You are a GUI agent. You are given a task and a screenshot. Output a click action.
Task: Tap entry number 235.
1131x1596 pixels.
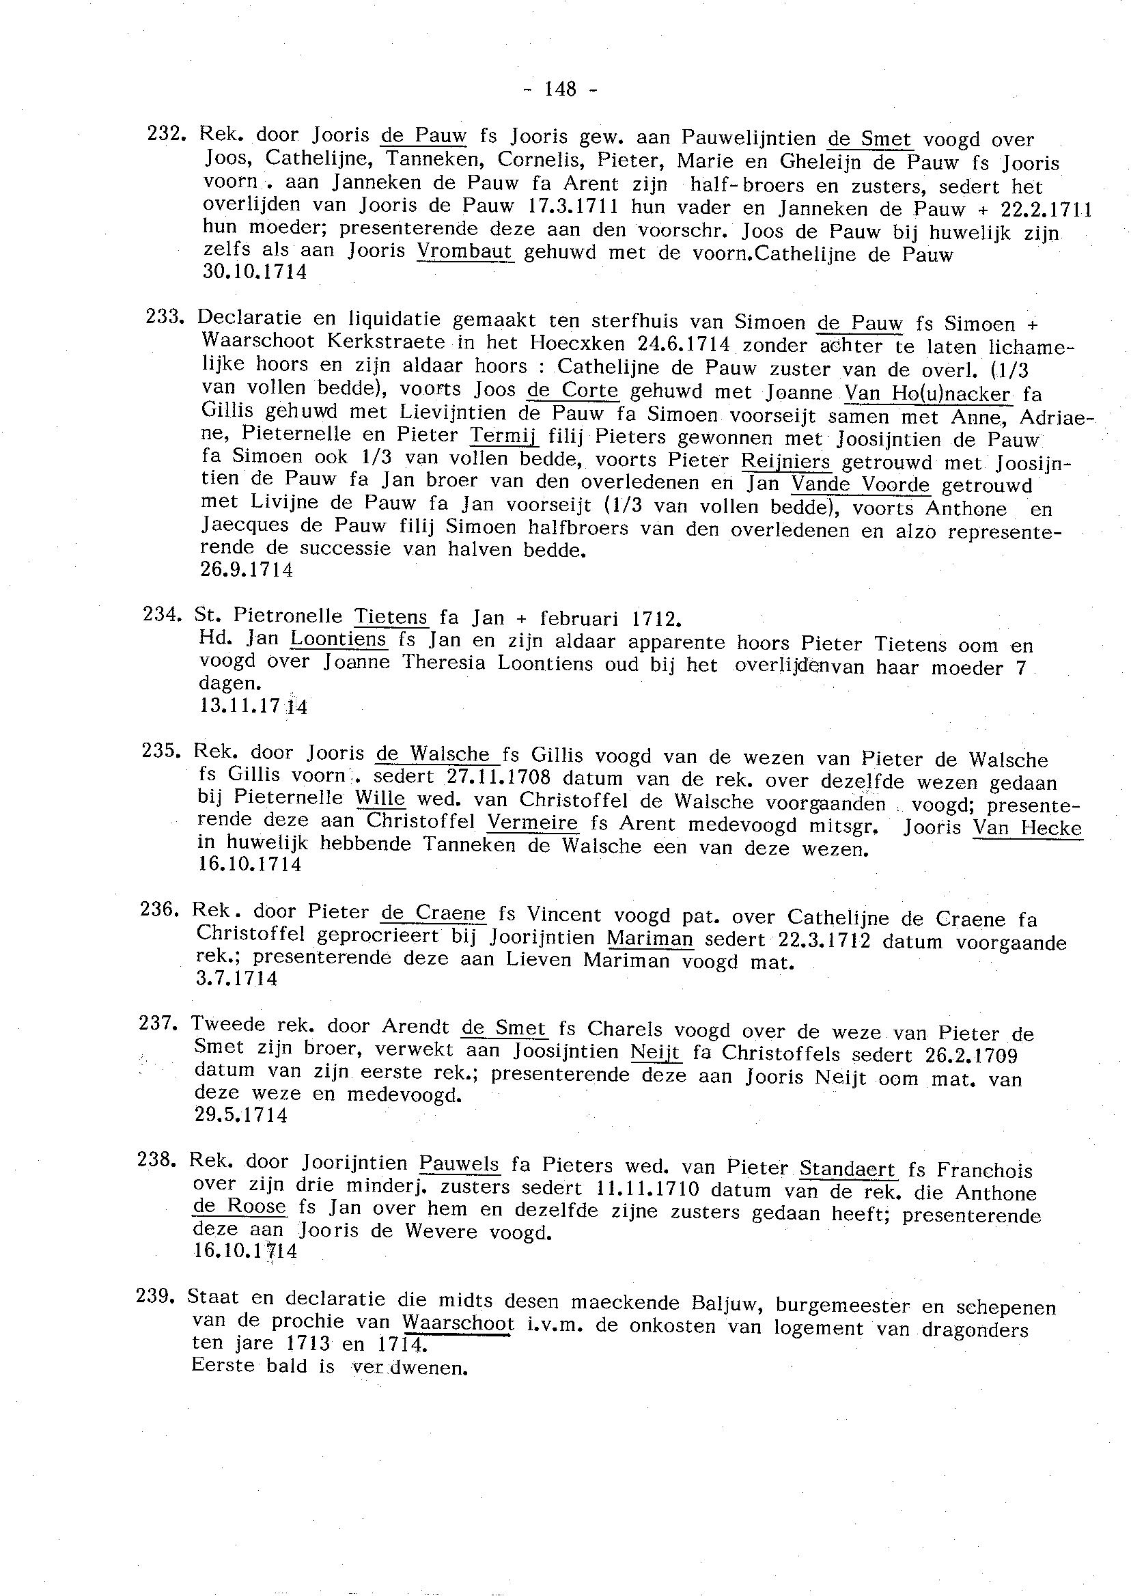coord(158,752)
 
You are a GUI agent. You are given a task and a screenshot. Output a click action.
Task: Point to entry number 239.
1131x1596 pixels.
coord(153,1297)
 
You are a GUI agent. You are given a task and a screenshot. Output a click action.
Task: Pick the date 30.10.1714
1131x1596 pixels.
coord(254,272)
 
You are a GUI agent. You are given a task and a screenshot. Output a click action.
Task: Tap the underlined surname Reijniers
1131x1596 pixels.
coord(785,461)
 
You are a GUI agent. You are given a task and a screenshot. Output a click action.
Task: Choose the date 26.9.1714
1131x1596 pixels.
coord(247,570)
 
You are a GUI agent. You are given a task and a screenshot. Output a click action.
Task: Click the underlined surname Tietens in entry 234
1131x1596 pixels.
coord(391,616)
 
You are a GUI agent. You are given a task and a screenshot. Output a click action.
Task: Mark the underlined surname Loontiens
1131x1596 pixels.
coord(338,639)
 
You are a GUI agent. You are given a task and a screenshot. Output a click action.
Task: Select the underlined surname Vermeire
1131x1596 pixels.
coord(533,823)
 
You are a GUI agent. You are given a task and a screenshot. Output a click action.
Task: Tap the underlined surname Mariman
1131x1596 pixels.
coord(650,938)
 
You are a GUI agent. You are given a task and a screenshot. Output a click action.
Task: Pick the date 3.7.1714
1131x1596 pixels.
coord(237,979)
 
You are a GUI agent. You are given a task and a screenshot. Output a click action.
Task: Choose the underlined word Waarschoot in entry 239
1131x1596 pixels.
coord(458,1323)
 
